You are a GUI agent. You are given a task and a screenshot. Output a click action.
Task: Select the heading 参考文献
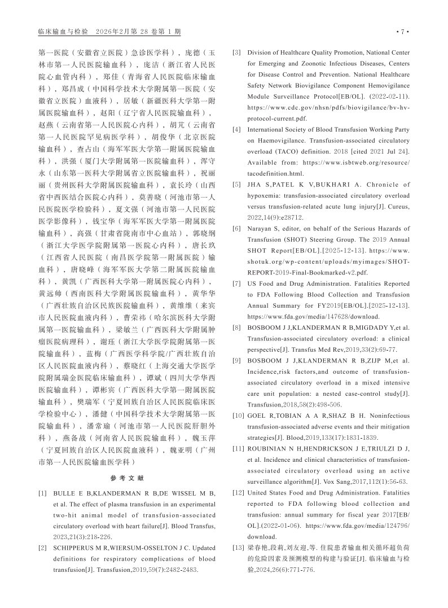click(127, 478)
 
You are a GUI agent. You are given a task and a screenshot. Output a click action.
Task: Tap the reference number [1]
click(43, 494)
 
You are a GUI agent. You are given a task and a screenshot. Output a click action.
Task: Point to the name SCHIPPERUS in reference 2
click(73, 548)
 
